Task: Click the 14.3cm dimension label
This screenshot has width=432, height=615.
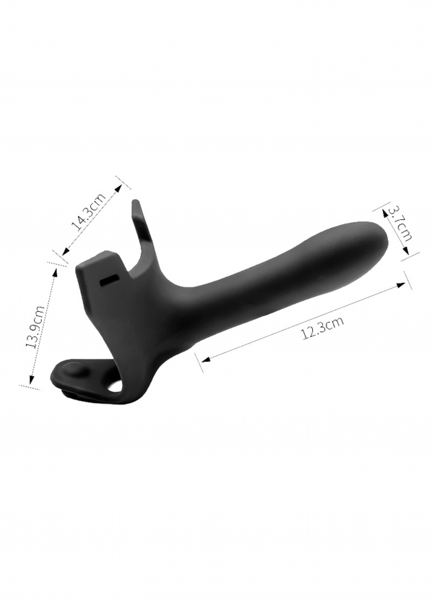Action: tap(89, 211)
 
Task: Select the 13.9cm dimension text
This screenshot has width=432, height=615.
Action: tap(34, 327)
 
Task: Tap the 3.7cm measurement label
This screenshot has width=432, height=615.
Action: tap(400, 224)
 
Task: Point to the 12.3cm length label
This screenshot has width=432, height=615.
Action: tap(323, 328)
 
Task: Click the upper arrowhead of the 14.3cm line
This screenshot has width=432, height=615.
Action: tap(118, 188)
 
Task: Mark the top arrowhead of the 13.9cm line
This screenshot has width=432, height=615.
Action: tap(54, 272)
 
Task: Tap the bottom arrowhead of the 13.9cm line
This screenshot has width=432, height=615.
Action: tap(31, 379)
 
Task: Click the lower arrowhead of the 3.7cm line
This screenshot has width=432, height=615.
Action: tap(406, 251)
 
